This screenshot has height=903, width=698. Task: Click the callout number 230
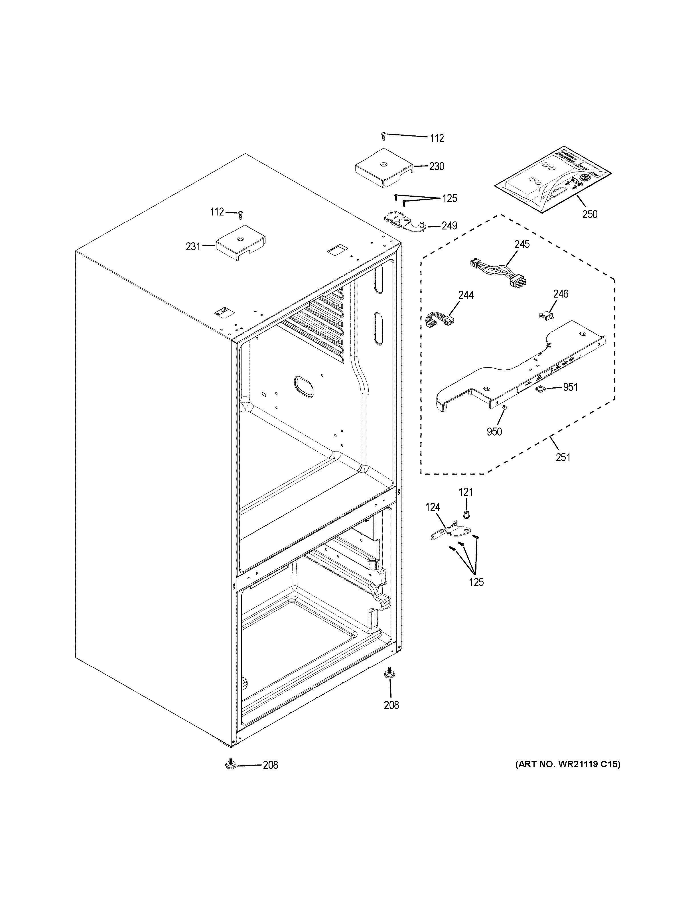[x=437, y=167]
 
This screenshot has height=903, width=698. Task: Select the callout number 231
[x=193, y=247]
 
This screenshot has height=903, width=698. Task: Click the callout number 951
[x=570, y=387]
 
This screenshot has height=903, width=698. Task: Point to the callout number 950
[x=494, y=432]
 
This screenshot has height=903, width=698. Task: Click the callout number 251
[x=563, y=457]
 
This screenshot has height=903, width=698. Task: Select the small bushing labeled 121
[x=467, y=514]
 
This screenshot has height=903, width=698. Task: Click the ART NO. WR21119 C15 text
[x=567, y=765]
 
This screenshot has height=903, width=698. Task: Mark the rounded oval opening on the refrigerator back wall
[x=303, y=387]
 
